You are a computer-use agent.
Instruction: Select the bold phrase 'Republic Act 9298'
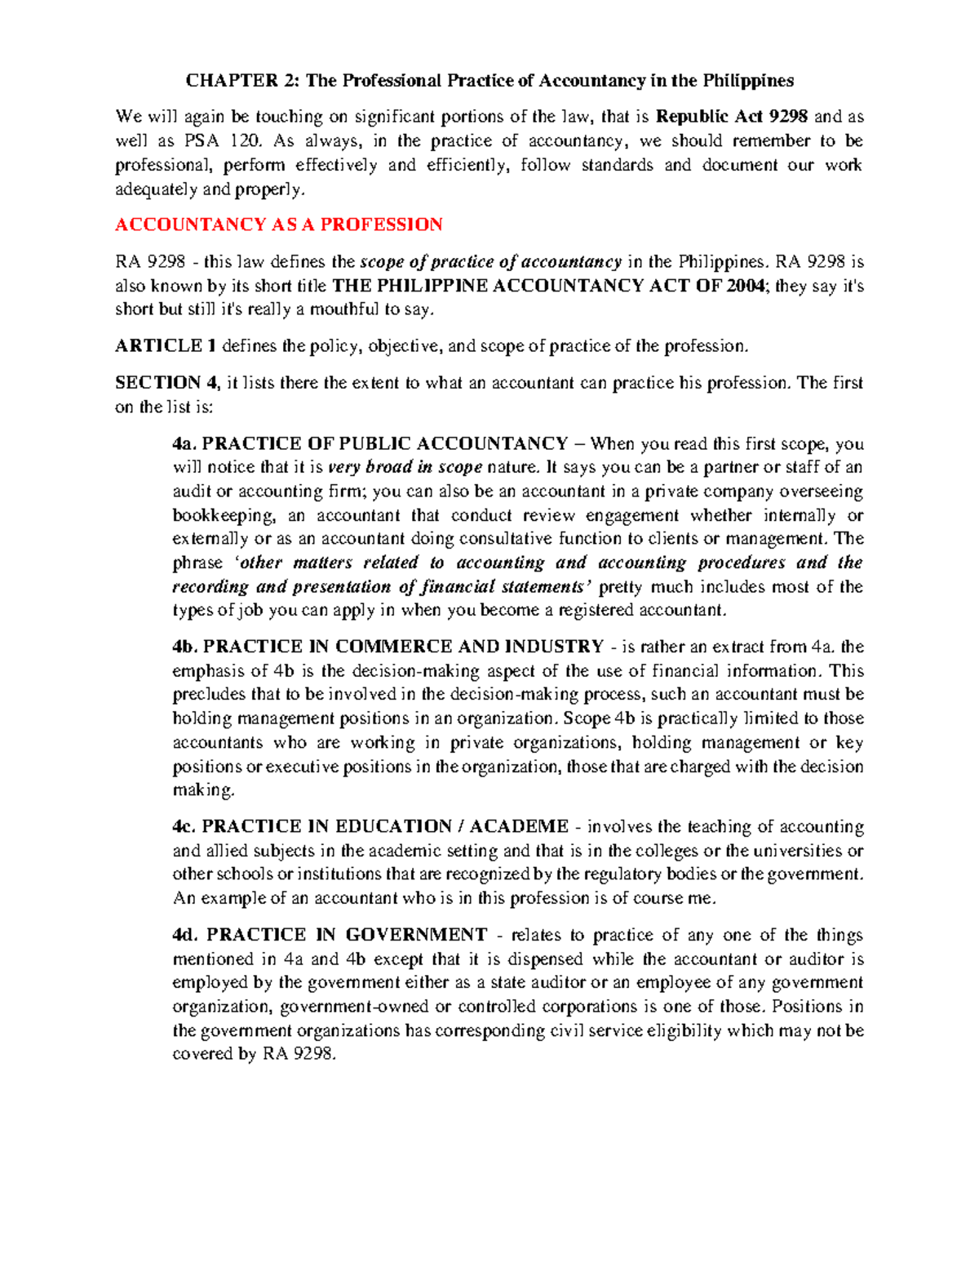pyautogui.click(x=732, y=117)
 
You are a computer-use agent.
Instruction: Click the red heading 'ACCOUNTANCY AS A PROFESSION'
pyautogui.click(x=278, y=225)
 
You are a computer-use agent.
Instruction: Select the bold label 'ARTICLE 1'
pyautogui.click(x=166, y=346)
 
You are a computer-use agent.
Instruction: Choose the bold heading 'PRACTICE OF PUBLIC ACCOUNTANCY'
pyautogui.click(x=384, y=444)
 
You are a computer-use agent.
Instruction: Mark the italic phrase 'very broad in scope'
pyautogui.click(x=405, y=468)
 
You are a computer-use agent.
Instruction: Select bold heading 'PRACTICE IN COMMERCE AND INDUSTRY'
pyautogui.click(x=402, y=647)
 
